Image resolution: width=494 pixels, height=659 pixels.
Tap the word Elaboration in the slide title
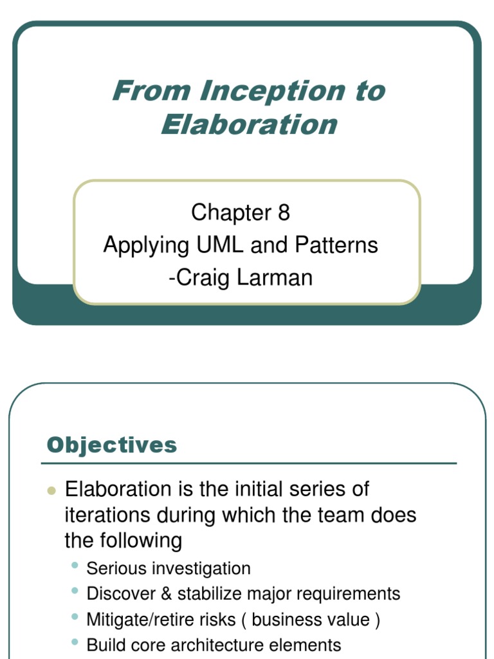click(249, 124)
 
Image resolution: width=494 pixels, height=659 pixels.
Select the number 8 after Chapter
click(284, 212)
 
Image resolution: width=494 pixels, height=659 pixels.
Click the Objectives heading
click(112, 445)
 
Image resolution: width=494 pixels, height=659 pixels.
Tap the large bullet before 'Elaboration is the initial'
click(51, 491)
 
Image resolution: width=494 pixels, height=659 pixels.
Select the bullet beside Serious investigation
click(75, 565)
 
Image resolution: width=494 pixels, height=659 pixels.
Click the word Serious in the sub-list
click(114, 569)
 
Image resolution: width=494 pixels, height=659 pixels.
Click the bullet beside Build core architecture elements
click(75, 642)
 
